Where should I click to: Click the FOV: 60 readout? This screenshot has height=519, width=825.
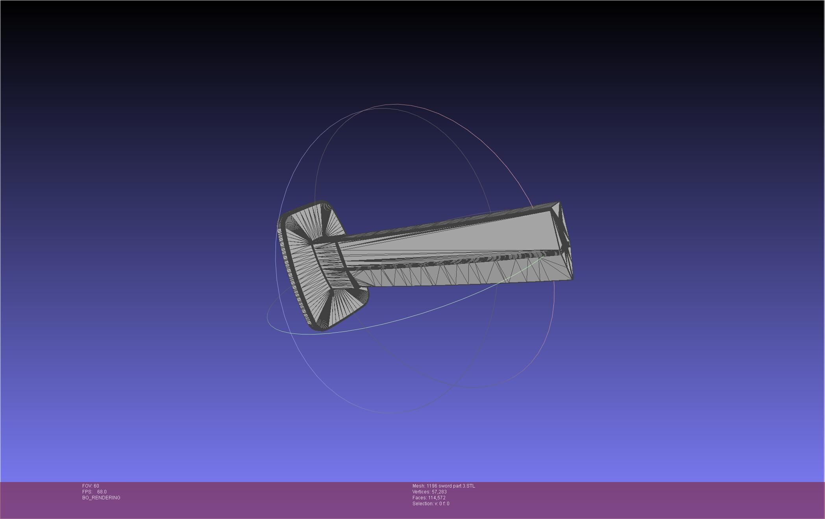pyautogui.click(x=91, y=486)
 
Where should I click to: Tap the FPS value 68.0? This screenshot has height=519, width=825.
pyautogui.click(x=102, y=492)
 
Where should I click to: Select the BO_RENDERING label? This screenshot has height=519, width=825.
pyautogui.click(x=101, y=498)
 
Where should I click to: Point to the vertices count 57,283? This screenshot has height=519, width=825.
pyautogui.click(x=439, y=492)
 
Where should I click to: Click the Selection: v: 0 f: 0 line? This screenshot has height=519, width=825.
pyautogui.click(x=431, y=504)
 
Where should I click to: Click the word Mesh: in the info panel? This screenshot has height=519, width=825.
pyautogui.click(x=418, y=486)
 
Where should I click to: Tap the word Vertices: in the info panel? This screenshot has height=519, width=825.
pyautogui.click(x=421, y=492)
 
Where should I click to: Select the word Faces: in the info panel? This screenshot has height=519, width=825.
pyautogui.click(x=419, y=498)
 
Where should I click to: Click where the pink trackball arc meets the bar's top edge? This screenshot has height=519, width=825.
pyautogui.click(x=532, y=208)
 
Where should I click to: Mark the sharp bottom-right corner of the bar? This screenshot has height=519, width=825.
pyautogui.click(x=572, y=279)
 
